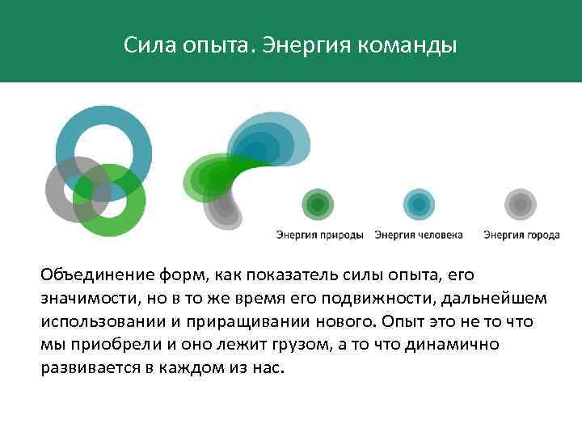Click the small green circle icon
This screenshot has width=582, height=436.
pos(318,205)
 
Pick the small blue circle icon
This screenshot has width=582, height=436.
pos(419,205)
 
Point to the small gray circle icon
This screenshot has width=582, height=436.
pos(521,205)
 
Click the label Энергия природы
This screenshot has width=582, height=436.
pos(320,235)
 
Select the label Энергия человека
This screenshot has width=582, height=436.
pos(419,235)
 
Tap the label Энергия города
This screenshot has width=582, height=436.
pos(521,235)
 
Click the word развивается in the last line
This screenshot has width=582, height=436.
pos(88,367)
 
